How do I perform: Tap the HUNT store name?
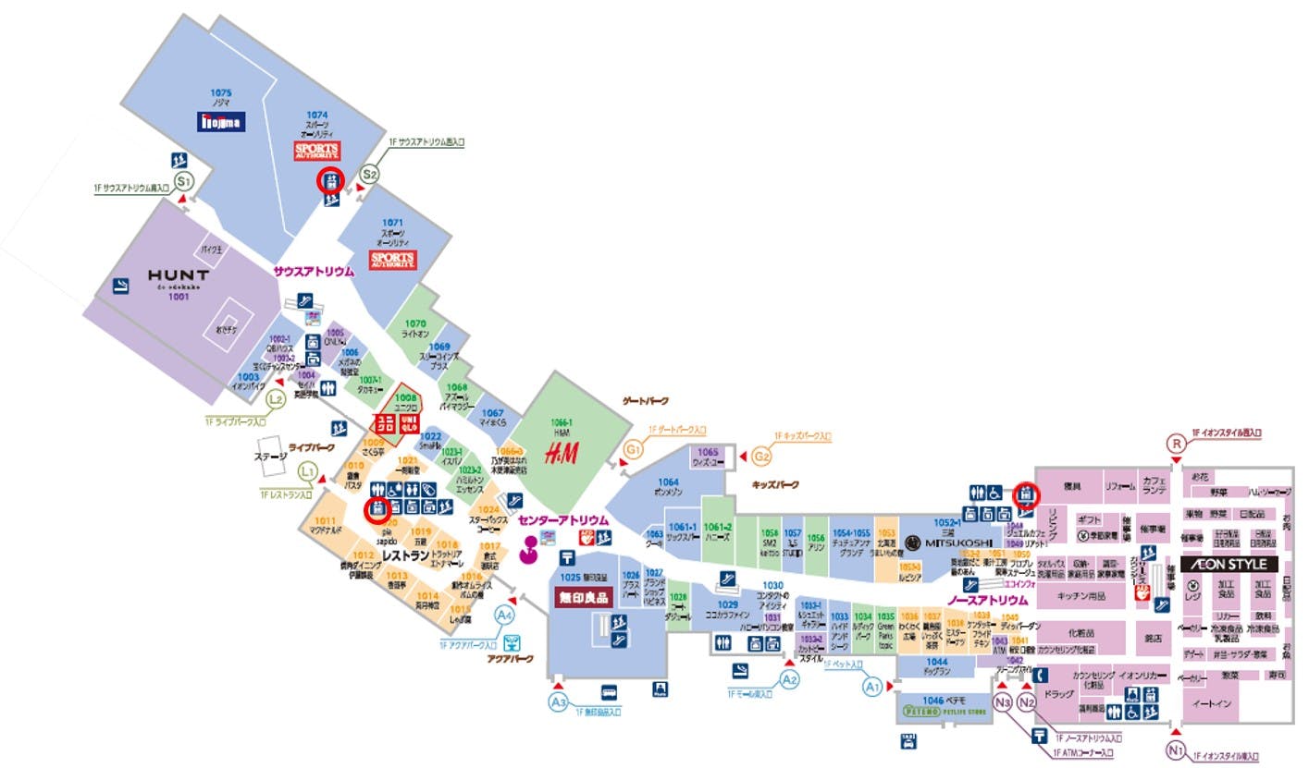tap(179, 275)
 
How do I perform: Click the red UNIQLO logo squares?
tap(396, 423)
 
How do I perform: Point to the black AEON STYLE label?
tap(1229, 564)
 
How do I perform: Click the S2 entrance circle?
tap(370, 173)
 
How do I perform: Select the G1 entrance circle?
tap(634, 450)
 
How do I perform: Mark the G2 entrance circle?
tap(762, 457)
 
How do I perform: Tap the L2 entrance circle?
tap(276, 400)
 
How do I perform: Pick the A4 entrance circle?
tap(504, 615)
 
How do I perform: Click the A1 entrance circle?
tap(872, 687)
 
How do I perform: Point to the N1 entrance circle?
tap(1176, 750)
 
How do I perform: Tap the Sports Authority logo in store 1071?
tap(393, 259)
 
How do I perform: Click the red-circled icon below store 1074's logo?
tap(331, 179)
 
